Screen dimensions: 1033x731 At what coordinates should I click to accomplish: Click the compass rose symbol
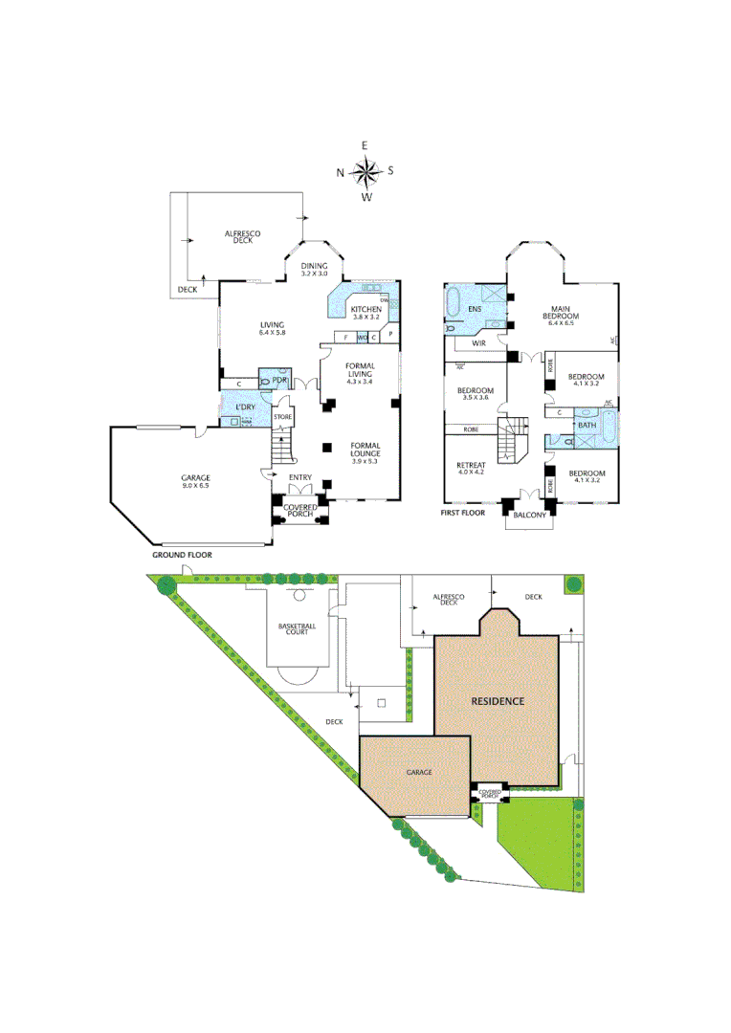tap(365, 172)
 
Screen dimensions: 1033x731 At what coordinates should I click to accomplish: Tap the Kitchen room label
tap(365, 310)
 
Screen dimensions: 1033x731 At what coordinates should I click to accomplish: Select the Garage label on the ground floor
tap(196, 477)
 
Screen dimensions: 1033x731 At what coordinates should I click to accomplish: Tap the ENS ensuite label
tap(475, 309)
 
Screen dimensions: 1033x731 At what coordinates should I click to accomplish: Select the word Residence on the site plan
tap(497, 701)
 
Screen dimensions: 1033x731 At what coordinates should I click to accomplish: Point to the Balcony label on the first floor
tap(529, 516)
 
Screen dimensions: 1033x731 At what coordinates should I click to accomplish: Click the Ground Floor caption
tap(182, 555)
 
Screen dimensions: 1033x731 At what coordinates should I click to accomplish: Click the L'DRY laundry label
tap(245, 407)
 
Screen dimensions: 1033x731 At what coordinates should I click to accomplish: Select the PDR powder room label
tap(279, 380)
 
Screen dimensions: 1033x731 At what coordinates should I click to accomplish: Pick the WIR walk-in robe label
tap(479, 341)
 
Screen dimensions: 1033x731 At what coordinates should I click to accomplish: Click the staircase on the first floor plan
tap(512, 441)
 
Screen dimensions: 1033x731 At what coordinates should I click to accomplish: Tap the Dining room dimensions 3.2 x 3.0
tap(315, 275)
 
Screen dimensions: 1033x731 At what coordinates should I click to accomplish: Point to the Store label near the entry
tap(282, 417)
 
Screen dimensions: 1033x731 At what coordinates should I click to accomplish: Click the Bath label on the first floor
tap(587, 425)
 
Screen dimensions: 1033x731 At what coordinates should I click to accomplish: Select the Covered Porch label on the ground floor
tap(300, 510)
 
